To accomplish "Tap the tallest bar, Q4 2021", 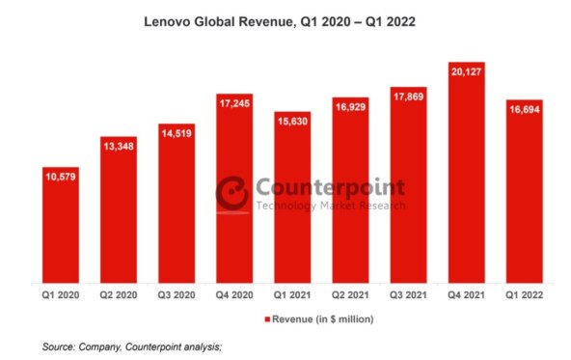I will click(x=467, y=174).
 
